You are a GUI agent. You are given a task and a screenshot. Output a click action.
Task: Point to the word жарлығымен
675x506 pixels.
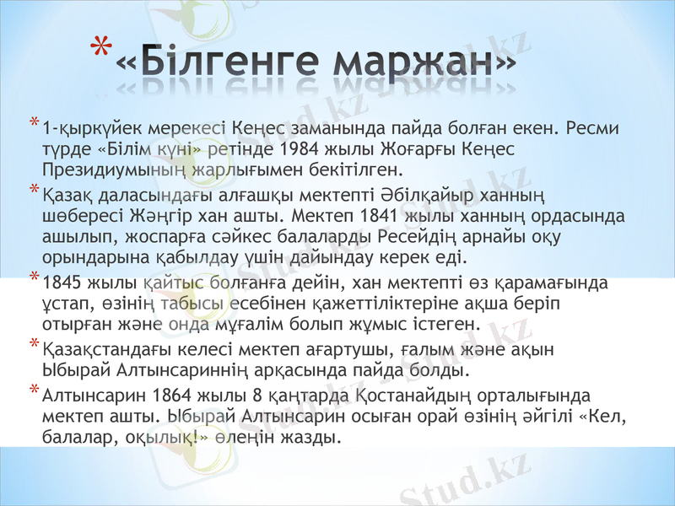[x=213, y=169]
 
